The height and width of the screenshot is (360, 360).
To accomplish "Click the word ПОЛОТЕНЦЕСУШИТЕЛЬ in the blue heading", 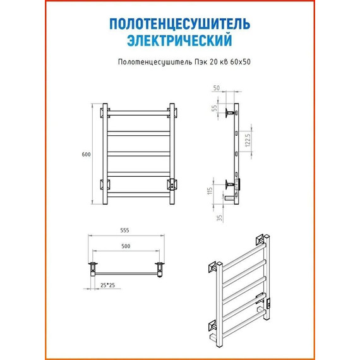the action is (180, 23).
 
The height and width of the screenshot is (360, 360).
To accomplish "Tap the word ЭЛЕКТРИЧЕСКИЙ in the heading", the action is (179, 40).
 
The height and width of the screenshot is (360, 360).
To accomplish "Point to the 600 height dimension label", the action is (86, 155).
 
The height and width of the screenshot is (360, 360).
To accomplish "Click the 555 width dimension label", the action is (124, 231).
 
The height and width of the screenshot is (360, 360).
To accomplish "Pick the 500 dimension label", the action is (126, 246).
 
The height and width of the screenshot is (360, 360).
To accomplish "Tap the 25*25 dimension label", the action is (107, 285).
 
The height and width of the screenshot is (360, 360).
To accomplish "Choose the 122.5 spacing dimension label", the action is (248, 140).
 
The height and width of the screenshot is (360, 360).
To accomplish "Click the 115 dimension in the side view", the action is (210, 191).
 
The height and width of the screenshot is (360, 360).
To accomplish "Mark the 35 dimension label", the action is (220, 218).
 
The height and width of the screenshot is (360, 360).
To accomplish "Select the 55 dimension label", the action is (214, 108).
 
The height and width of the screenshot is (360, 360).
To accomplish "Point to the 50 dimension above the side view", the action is (216, 88).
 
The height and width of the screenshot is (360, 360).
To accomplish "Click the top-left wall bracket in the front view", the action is (105, 113).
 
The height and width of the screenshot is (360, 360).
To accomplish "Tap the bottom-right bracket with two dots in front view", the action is (172, 185).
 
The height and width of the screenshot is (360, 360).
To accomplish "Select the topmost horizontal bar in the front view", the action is (138, 113).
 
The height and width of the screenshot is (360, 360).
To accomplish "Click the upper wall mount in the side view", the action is (231, 113).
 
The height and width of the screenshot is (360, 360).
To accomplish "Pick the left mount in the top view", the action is (93, 269).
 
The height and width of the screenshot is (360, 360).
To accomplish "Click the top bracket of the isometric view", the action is (260, 240).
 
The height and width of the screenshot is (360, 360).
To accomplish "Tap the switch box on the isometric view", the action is (268, 303).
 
